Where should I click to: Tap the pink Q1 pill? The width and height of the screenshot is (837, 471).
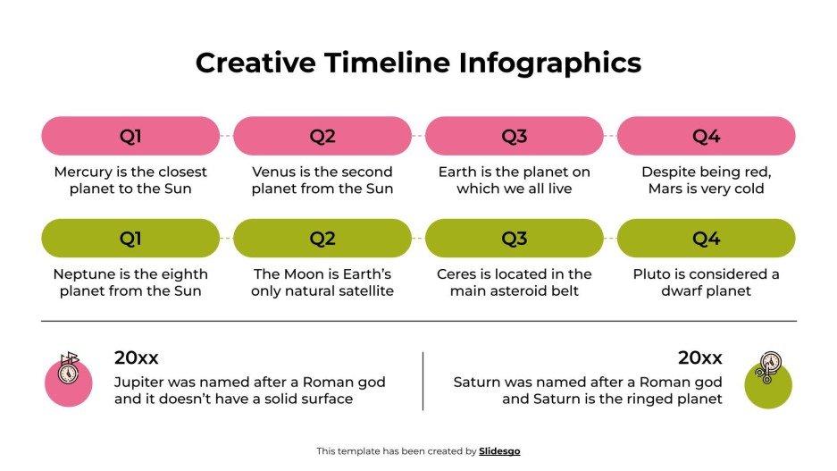pos(130,136)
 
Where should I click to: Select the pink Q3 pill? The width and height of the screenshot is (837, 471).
pos(514,136)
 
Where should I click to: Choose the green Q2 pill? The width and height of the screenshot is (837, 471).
pos(322,239)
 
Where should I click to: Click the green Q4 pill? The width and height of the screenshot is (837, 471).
pos(706,239)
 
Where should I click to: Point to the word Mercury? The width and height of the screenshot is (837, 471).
pos(85,172)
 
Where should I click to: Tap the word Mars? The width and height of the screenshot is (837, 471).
pos(665,189)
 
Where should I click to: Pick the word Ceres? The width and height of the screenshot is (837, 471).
pos(457,274)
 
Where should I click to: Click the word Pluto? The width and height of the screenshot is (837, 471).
pos(654,274)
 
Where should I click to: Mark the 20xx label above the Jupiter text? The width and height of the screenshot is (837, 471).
pos(136,358)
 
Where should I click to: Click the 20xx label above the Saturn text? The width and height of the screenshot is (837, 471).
pos(699,358)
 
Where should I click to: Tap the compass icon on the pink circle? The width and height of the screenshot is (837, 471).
pos(69,369)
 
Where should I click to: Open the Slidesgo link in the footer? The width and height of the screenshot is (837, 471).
pos(499,451)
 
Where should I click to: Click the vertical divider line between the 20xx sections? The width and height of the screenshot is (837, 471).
pos(423,382)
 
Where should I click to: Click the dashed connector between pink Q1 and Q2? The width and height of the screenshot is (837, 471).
pos(226,136)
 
